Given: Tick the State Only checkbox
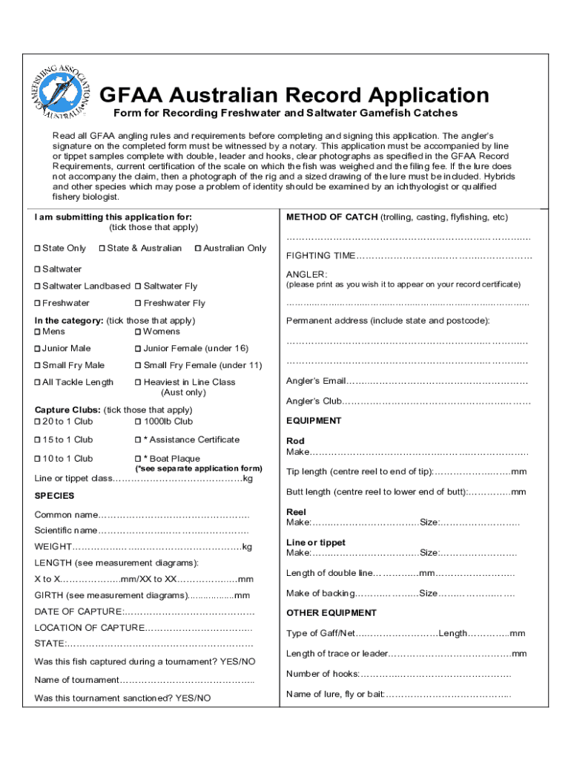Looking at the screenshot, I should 38,249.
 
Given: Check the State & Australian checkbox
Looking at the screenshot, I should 102,249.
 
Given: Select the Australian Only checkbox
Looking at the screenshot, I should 198,249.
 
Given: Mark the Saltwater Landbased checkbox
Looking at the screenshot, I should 38,286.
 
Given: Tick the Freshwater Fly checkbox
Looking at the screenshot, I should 139,304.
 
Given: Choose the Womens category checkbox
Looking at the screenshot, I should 139,332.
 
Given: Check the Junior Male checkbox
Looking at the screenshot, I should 38,349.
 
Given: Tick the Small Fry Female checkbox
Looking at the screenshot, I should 139,366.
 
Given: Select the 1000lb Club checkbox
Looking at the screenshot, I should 139,422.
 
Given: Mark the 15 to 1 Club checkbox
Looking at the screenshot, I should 38,440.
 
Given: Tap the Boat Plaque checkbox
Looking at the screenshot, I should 139,459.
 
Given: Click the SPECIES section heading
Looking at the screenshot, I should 55,496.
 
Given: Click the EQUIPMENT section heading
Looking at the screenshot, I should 314,421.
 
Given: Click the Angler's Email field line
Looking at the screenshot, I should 438,381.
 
